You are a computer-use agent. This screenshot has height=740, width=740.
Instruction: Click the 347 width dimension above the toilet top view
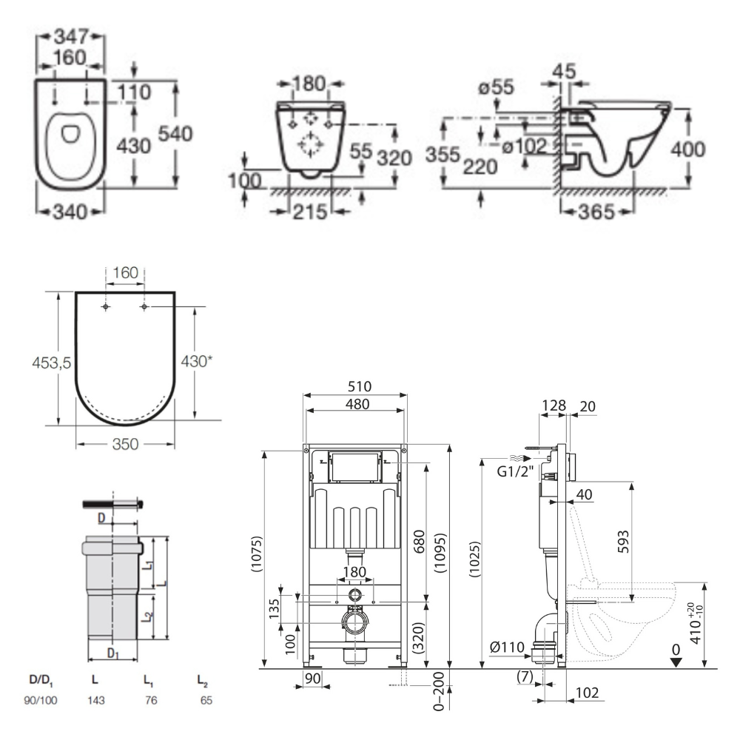[72, 36]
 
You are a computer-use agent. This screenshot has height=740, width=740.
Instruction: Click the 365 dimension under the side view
[596, 212]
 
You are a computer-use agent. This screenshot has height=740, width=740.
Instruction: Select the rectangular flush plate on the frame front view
[355, 465]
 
